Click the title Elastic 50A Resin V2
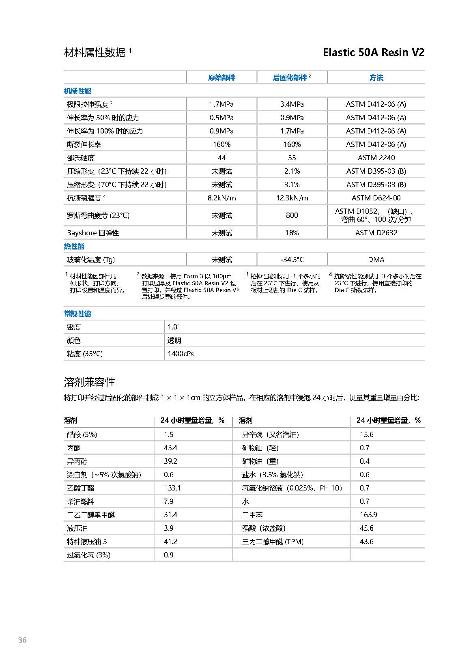373,52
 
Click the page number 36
22,640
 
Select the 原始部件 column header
221,77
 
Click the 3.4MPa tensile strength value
292,104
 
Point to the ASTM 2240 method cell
376,158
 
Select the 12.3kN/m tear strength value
292,198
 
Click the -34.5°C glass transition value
292,260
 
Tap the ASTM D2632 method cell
376,233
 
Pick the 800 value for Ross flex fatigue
292,215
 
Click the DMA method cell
376,260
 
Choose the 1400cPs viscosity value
181,354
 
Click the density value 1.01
174,327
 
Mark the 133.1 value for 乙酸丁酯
172,488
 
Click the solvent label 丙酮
74,448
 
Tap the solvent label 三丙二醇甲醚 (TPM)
273,542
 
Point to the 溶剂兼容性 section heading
90,382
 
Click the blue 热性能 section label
74,246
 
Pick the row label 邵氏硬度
81,158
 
